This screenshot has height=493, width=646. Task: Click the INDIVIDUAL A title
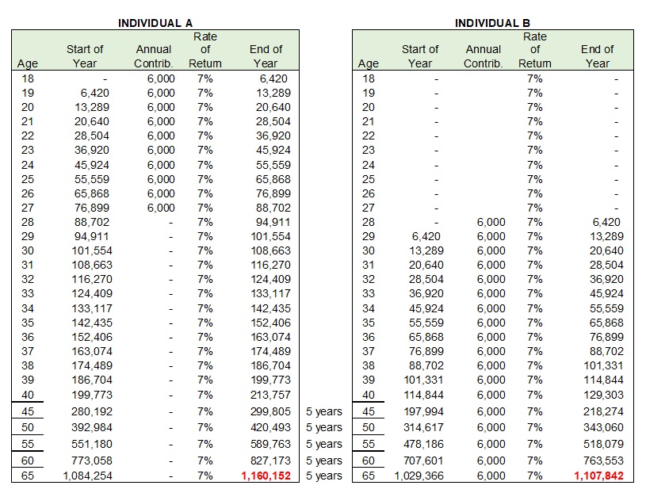coord(155,23)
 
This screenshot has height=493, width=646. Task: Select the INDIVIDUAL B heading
coord(492,23)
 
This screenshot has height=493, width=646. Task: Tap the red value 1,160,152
coord(266,476)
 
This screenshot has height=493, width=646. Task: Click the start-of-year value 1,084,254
coord(84,476)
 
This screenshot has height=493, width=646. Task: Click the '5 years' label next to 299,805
coord(323,412)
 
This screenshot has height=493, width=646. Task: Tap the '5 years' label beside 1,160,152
coord(323,476)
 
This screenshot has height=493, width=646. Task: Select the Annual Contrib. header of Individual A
coord(154,56)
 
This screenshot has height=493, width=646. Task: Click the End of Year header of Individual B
coord(597,56)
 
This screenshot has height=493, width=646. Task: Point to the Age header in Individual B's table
coord(369,63)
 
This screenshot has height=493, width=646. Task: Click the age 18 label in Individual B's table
coord(369,79)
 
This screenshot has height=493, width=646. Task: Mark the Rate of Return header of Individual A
coord(205,50)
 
